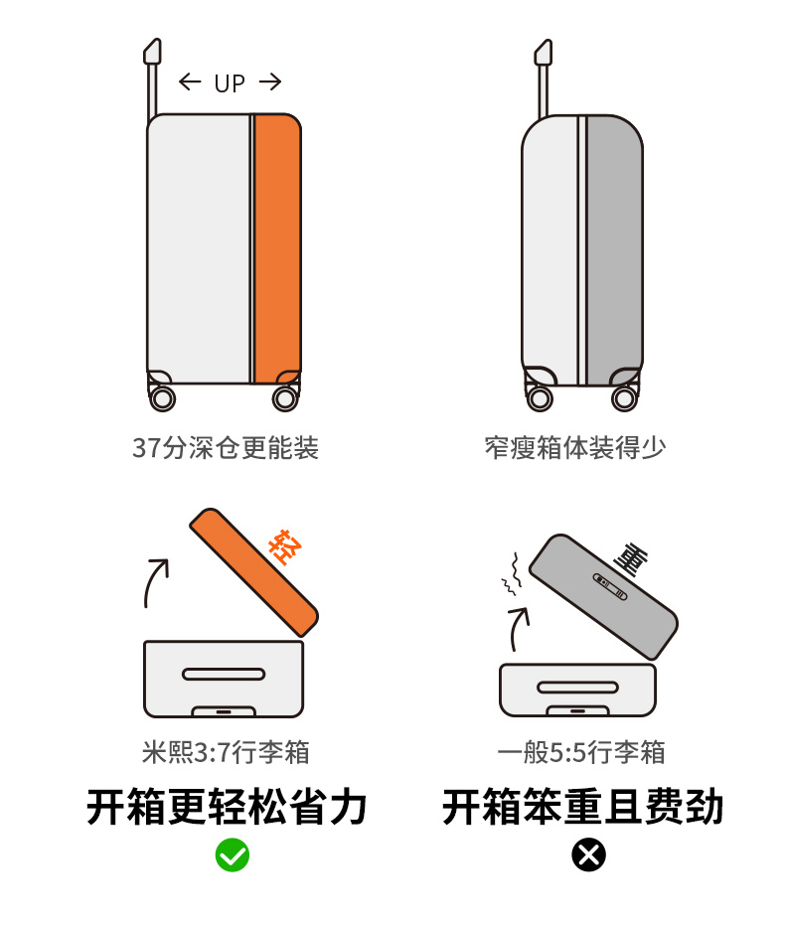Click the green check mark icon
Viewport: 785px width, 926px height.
[x=233, y=854]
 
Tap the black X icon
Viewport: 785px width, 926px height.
[x=588, y=854]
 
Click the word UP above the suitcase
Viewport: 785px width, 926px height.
[x=230, y=83]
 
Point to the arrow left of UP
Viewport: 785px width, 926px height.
[x=190, y=81]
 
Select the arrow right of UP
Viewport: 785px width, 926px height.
[x=270, y=81]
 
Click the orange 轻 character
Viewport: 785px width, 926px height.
[x=285, y=547]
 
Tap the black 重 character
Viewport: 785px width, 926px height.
[x=631, y=558]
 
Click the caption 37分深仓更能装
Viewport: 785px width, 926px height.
[x=226, y=448]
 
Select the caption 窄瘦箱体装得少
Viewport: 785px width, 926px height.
[x=575, y=448]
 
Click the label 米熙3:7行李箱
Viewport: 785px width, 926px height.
[x=226, y=752]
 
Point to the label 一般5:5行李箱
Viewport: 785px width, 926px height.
[x=581, y=752]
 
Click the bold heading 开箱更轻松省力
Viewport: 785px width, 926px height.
[x=228, y=807]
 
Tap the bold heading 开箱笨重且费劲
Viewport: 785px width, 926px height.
[x=583, y=807]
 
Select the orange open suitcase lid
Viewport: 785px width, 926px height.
[x=254, y=572]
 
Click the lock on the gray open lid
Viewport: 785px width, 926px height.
[x=609, y=586]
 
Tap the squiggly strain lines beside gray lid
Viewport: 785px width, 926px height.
[x=513, y=574]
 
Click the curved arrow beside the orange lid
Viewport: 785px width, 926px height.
[x=156, y=581]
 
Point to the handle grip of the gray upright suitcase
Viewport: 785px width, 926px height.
[x=544, y=52]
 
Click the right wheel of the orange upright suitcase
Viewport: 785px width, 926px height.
[x=285, y=398]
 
